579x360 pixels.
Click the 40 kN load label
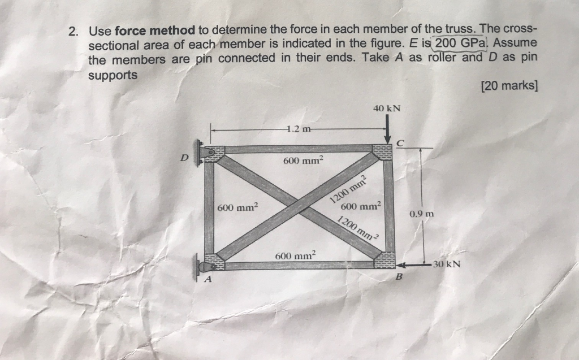click(387, 108)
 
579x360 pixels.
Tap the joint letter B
click(398, 277)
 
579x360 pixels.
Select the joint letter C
click(400, 144)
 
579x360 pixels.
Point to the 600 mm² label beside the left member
click(237, 207)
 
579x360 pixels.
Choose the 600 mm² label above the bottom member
click(296, 255)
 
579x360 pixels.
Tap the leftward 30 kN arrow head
click(400, 264)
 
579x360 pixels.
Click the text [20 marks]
click(509, 86)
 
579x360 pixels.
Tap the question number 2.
click(72, 32)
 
